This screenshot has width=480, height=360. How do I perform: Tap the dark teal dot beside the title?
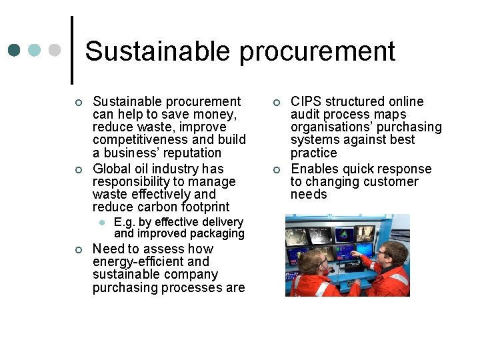tap(15, 51)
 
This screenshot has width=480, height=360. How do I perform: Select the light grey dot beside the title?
tap(55, 51)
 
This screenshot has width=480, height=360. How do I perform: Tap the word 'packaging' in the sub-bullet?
tap(217, 233)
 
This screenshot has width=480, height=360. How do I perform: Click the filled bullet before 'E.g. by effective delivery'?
tap(101, 222)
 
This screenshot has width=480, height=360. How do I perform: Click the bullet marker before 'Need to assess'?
tap(78, 249)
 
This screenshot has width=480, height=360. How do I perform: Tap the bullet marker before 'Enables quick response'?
tap(276, 169)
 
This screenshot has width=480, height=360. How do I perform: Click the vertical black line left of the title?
tap(71, 50)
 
